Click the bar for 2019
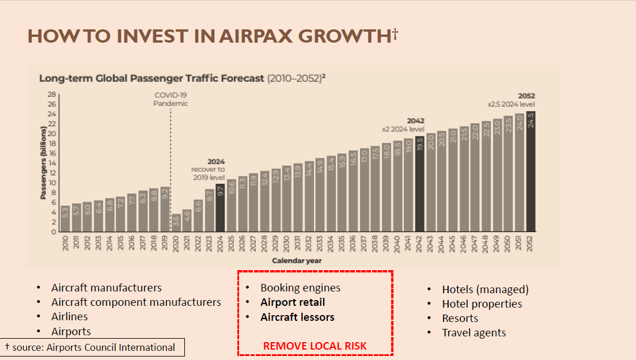(x=165, y=209)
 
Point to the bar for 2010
(x=66, y=219)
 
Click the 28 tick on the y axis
(x=51, y=94)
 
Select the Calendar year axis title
(x=297, y=260)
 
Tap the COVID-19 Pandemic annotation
(x=171, y=100)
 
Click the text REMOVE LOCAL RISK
(x=315, y=346)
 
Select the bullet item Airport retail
(x=293, y=302)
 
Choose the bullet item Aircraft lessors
(x=297, y=317)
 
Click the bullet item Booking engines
(x=300, y=287)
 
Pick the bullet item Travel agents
(x=474, y=332)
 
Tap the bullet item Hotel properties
(x=482, y=304)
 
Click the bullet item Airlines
(x=70, y=316)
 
